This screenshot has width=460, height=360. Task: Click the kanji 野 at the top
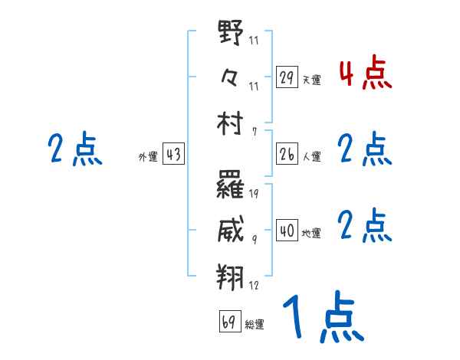coord(231,34)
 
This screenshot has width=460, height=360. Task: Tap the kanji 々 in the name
coord(231,77)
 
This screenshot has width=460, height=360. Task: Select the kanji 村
coord(231,122)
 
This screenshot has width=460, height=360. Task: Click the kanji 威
coord(231,229)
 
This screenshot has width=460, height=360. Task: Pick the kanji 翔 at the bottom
coord(231,275)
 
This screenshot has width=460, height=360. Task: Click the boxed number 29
coord(287,77)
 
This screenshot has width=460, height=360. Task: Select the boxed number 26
coord(287,154)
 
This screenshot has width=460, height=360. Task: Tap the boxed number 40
coord(287,231)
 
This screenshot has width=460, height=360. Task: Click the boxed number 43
coord(173,154)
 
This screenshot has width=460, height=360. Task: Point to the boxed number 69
coord(229,321)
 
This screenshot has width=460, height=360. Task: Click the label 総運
coord(255,324)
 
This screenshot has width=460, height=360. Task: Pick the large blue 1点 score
coord(322,318)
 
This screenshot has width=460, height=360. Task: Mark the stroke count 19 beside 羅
coord(253,193)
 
